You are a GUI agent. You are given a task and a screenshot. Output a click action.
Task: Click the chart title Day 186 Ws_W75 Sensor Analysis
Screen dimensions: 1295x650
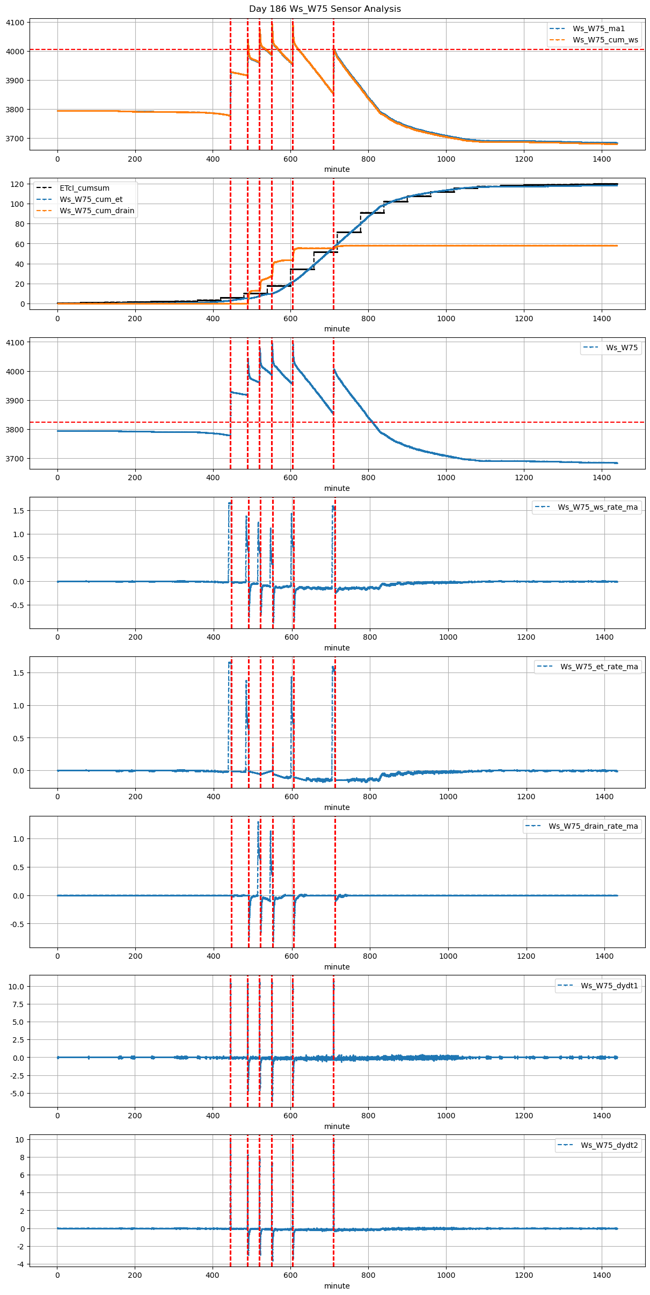(x=325, y=9)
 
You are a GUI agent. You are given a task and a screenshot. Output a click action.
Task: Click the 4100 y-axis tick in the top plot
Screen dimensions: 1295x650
(x=15, y=23)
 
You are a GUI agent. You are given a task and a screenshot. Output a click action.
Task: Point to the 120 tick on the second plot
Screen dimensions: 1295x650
(x=18, y=184)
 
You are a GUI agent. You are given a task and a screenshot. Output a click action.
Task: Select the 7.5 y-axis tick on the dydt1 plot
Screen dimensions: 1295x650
(x=17, y=1004)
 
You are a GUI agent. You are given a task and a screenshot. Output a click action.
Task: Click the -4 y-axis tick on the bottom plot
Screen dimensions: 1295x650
(x=20, y=1264)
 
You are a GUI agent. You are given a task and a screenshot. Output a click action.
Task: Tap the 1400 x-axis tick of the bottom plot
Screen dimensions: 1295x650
(x=602, y=1275)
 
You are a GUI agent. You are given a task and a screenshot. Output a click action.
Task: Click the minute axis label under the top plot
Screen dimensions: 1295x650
(x=337, y=169)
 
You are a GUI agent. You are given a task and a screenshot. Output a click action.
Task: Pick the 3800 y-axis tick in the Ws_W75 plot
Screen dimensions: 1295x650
(x=15, y=430)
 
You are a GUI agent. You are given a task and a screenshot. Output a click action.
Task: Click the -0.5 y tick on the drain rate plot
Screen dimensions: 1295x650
(x=17, y=924)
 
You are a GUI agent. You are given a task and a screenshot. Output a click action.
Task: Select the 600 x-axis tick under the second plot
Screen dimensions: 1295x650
(x=290, y=318)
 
